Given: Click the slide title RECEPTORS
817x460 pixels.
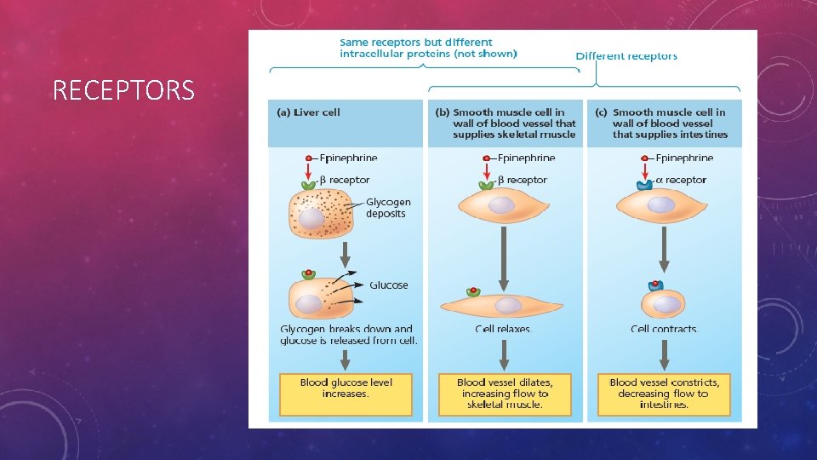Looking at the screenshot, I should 123,89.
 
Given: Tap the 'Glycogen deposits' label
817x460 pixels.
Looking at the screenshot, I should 388,208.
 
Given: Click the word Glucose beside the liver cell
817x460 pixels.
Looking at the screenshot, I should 388,285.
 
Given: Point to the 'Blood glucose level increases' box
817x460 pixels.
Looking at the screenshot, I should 346,388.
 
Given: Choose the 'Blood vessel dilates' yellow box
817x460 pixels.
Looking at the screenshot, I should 505,394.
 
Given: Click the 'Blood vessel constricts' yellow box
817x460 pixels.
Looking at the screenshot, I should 664,394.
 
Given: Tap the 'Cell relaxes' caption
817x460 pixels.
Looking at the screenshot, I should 503,329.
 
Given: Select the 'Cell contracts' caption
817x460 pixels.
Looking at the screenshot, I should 664,329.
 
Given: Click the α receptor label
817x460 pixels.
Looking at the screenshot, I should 681,180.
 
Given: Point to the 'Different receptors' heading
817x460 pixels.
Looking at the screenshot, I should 626,56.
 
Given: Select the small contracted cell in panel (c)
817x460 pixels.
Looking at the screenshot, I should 666,303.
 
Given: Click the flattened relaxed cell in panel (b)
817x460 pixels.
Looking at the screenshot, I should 502,305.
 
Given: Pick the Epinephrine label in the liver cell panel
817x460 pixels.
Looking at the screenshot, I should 348,158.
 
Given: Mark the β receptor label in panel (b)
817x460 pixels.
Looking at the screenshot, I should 523,180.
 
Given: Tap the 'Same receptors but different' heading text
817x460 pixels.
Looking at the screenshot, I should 415,42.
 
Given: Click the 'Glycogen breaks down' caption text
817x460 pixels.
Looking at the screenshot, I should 347,329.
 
